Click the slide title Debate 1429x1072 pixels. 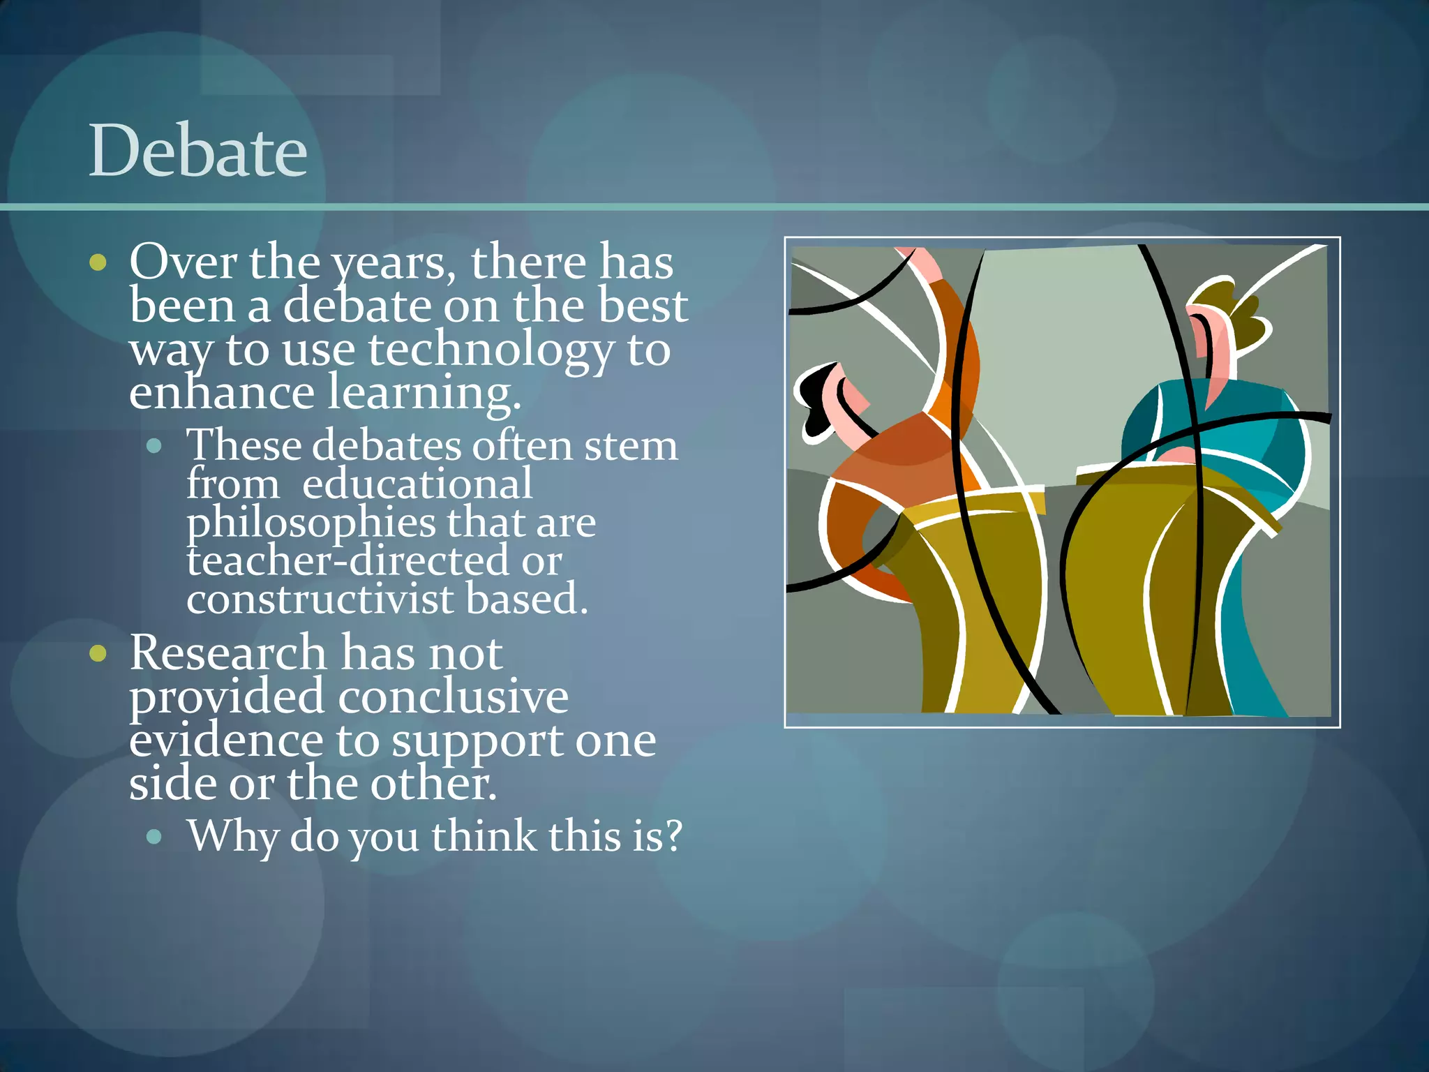(x=198, y=151)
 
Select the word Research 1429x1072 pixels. (x=228, y=654)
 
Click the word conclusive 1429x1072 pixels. (x=454, y=697)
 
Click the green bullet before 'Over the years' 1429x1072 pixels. (x=98, y=262)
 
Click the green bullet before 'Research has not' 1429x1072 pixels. (x=98, y=654)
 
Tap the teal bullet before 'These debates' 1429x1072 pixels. (x=155, y=445)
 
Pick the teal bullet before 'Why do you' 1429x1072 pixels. (x=155, y=836)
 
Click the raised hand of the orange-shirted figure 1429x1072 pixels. (x=921, y=262)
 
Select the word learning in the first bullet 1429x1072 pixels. (x=424, y=393)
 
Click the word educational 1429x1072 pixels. (x=417, y=484)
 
